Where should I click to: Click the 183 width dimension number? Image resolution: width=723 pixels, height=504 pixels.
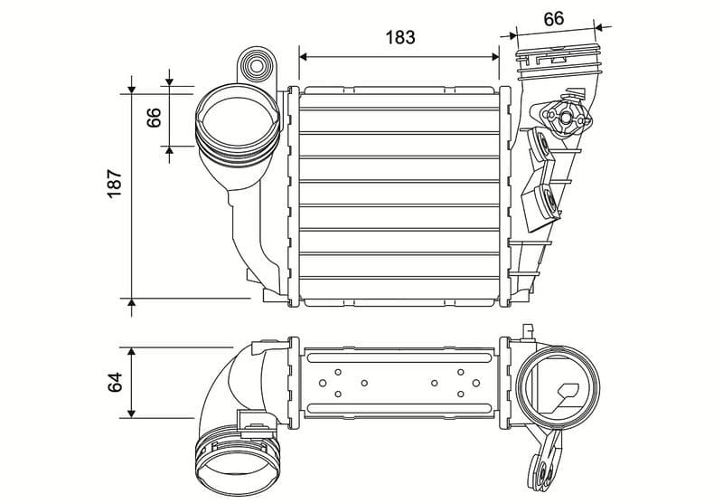pos(399,37)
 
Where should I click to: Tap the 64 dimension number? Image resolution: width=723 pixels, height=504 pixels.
pos(115,383)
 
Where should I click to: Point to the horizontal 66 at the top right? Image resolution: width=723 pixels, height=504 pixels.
pos(553,17)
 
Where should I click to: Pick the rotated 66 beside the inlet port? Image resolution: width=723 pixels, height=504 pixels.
pos(153,117)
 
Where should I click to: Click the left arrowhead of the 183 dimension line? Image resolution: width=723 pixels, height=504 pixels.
pos(305,56)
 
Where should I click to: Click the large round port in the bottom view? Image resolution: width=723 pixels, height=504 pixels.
pos(559,390)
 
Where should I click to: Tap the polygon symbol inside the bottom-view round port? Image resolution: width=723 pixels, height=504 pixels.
pos(570,392)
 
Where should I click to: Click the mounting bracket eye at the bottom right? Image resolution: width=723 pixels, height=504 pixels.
pos(545,470)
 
